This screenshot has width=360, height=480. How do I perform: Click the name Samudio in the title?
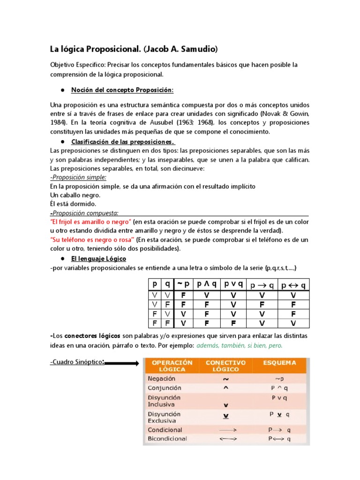199,49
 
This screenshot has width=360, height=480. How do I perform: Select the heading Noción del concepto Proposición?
122,90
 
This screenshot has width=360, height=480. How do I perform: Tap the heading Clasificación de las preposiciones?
123,142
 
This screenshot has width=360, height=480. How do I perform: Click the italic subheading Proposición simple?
78,177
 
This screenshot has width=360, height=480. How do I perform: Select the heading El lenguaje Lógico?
98,258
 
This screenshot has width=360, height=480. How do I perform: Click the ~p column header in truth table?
184,285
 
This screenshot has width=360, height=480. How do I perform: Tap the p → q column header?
262,285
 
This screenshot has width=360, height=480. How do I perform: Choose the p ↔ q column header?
293,285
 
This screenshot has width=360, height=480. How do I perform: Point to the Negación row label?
161,378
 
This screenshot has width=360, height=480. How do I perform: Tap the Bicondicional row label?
167,439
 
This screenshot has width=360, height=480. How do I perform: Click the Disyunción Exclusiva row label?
164,417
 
